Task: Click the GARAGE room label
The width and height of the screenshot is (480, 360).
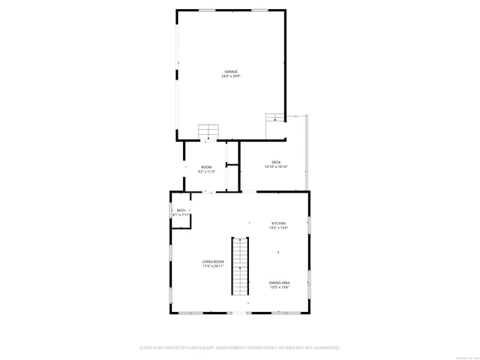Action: (230, 71)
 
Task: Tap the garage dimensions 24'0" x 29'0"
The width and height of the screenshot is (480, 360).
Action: (230, 76)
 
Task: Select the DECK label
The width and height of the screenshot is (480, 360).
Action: (276, 162)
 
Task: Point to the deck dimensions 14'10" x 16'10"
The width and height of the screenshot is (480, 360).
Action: (276, 167)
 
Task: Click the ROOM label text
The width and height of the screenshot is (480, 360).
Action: (205, 166)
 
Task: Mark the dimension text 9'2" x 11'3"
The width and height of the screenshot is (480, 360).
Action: (205, 172)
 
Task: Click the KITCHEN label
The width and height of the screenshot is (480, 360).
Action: (278, 223)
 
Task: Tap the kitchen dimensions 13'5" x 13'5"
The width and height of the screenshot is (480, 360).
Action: (278, 228)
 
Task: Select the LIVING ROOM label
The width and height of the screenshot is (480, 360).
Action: (213, 261)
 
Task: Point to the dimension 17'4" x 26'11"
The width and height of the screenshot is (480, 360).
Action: (213, 266)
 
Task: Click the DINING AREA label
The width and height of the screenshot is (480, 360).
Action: (280, 282)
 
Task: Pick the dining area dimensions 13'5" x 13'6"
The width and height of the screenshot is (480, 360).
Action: (280, 287)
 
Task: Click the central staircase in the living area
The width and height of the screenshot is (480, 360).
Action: (239, 266)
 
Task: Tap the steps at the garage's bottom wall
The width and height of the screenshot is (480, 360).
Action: (208, 131)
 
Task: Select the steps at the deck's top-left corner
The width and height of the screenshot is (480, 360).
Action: (275, 117)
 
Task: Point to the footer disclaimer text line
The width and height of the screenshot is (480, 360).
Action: (240, 348)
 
